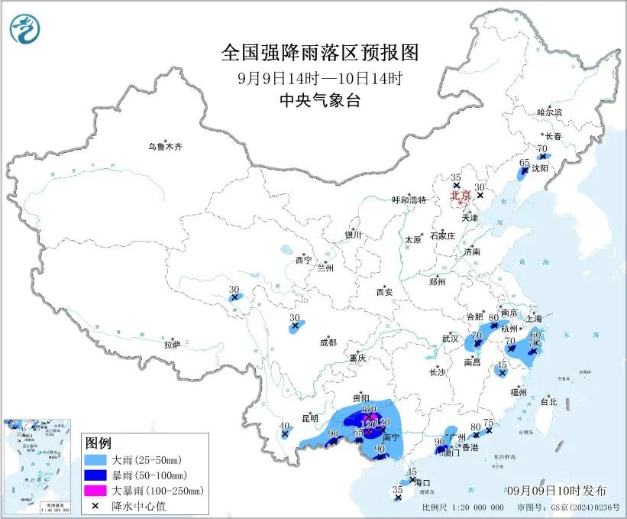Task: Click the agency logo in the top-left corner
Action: click(25, 28)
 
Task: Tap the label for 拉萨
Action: click(172, 345)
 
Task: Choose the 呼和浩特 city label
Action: click(408, 200)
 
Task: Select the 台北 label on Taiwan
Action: click(548, 401)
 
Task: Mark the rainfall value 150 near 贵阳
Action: click(368, 410)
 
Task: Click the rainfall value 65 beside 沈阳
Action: click(524, 162)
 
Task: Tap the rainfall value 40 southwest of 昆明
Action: click(285, 426)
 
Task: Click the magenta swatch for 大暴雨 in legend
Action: click(99, 490)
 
